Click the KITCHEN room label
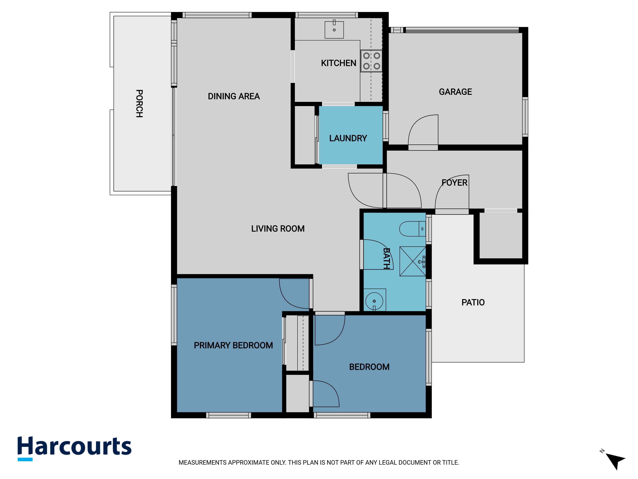pos(339,63)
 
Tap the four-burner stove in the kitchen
pos(371,61)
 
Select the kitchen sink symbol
pos(334,29)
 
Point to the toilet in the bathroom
pos(412,229)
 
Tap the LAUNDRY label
pos(348,138)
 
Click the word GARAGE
pos(455,92)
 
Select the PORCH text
pos(139,103)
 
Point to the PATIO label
pos(473,302)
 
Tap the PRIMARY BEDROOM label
pos(233,345)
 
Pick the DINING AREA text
pos(234,96)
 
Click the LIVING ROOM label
pos(278,229)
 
